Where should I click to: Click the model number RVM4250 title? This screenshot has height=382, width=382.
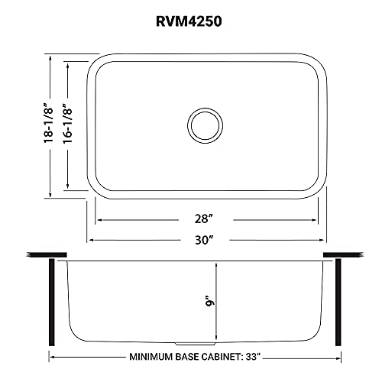[x=191, y=23]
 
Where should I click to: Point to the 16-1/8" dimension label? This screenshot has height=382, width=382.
[x=70, y=125]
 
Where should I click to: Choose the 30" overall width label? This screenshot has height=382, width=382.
[x=202, y=239]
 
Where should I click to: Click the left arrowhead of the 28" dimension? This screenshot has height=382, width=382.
[x=98, y=219]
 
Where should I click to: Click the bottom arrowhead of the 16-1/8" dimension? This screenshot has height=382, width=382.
[x=70, y=187]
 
